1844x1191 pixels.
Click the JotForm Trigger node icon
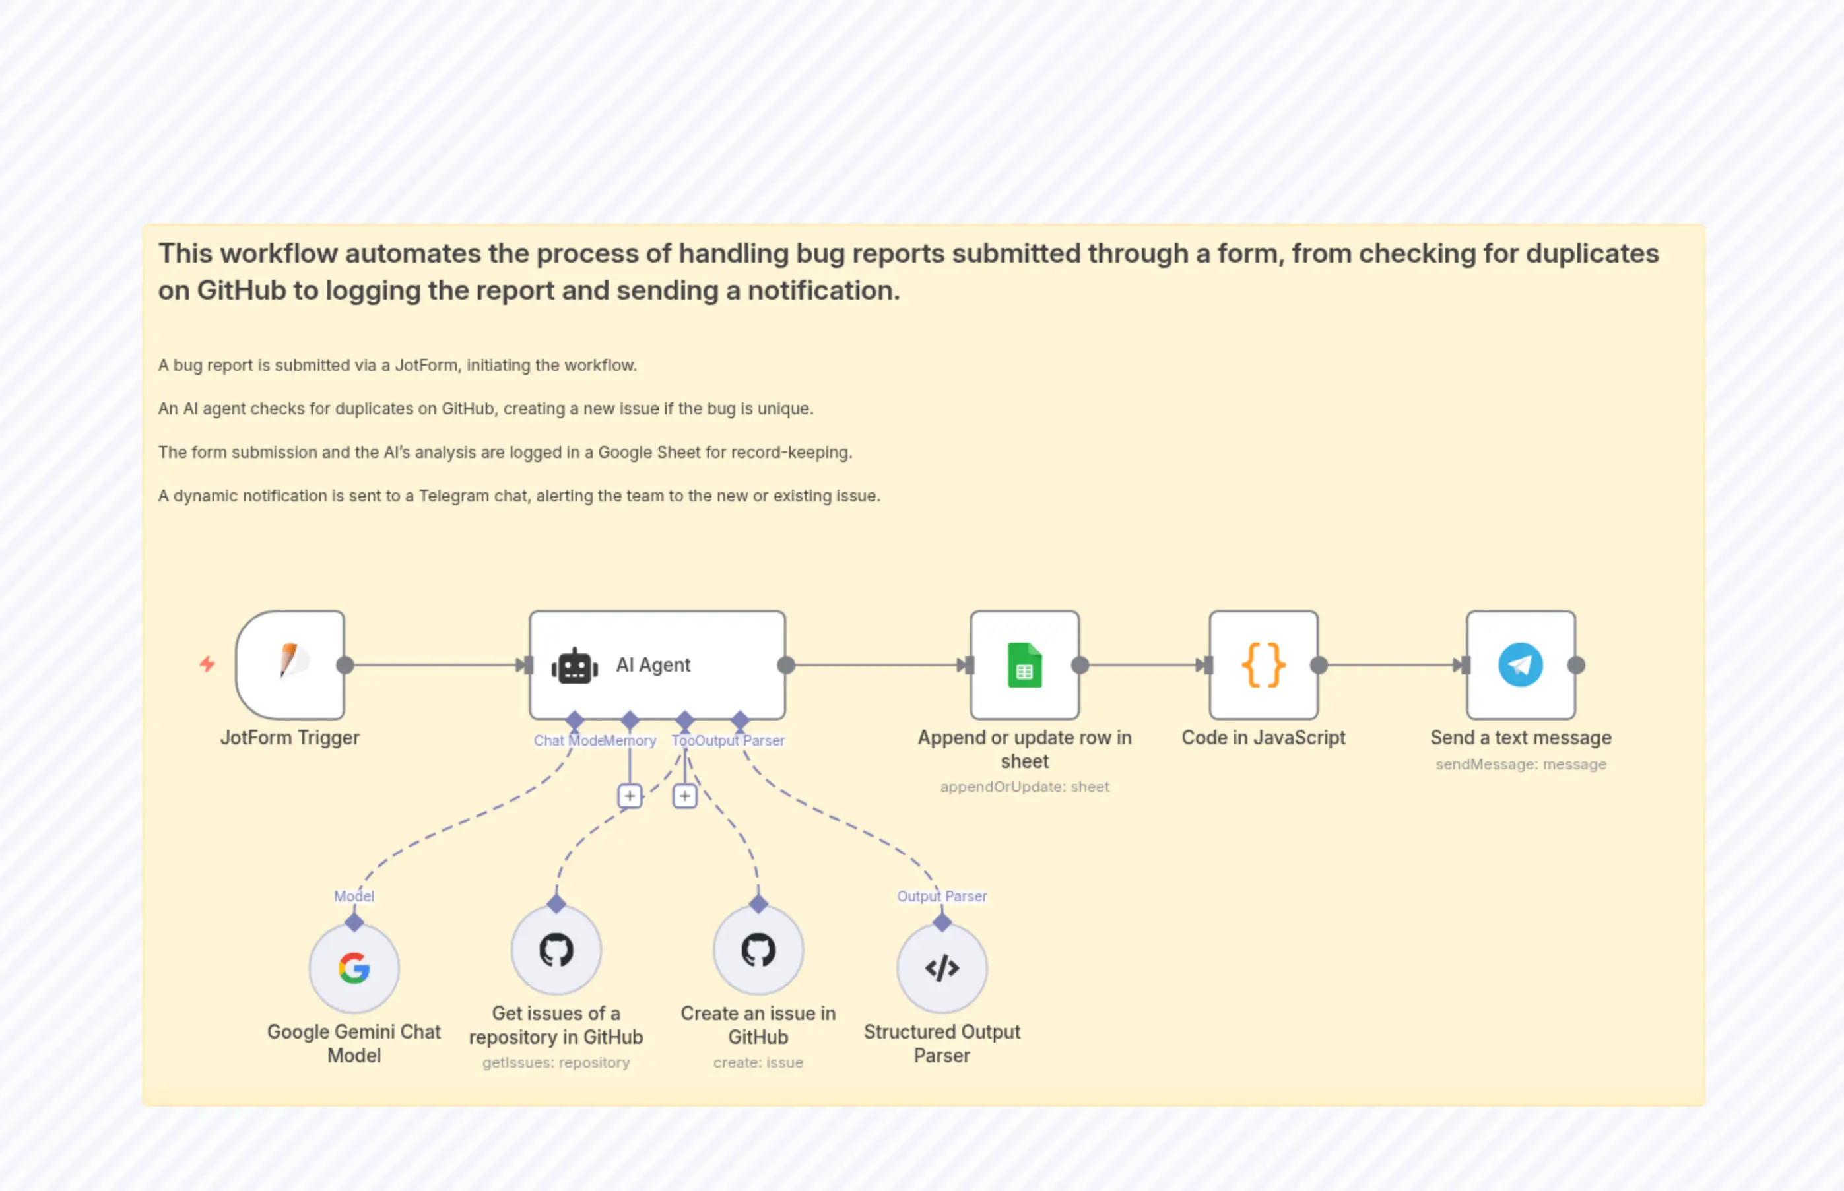[x=290, y=665]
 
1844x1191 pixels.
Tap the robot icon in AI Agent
[x=575, y=666]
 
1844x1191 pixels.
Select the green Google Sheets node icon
[x=1024, y=665]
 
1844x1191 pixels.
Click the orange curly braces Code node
[x=1263, y=665]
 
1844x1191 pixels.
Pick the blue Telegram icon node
[x=1520, y=665]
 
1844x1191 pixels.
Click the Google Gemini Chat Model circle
[x=354, y=968]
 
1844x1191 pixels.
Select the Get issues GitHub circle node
[x=556, y=950]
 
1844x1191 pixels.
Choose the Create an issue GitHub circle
[x=758, y=950]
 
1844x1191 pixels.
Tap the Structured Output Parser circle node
[x=941, y=968]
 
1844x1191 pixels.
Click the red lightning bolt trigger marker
[x=207, y=664]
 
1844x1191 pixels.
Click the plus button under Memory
[x=630, y=796]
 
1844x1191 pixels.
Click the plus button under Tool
[x=684, y=796]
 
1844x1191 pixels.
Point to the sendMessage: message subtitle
[x=1520, y=764]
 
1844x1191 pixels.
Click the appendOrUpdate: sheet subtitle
[x=1024, y=787]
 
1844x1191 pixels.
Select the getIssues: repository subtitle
[x=556, y=1062]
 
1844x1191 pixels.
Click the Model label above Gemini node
[x=354, y=896]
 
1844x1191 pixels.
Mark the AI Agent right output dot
[x=786, y=665]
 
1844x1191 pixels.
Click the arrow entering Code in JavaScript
[x=1202, y=665]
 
